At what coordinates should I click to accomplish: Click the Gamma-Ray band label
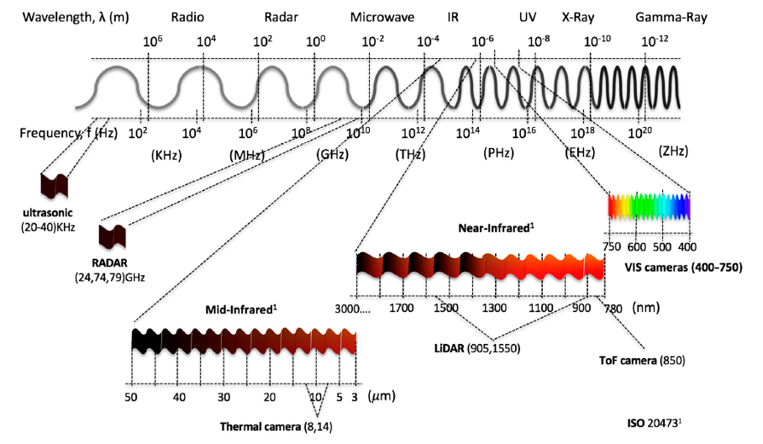coord(671,18)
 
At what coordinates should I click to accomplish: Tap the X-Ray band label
coord(578,18)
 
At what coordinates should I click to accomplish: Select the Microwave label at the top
coord(382,18)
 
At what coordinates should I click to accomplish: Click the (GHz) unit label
coord(333,155)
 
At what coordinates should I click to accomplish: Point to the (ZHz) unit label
coord(673,151)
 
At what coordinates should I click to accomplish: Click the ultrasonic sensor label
coord(48,213)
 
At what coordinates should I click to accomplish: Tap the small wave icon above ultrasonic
coord(54,186)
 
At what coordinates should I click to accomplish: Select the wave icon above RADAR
coord(113,236)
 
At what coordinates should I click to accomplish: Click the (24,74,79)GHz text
coord(109,277)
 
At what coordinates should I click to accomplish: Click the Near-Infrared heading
coord(496,228)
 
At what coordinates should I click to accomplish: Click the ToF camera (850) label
coord(642,360)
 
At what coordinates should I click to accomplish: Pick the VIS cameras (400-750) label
coord(684,267)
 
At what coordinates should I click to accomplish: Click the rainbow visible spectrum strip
coord(649,206)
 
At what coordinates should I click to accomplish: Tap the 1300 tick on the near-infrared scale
coord(494,308)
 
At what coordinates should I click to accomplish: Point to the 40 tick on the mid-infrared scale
coord(179,397)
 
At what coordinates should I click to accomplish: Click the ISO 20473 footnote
coord(654,423)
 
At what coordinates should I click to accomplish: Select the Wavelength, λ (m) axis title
coord(76,18)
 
